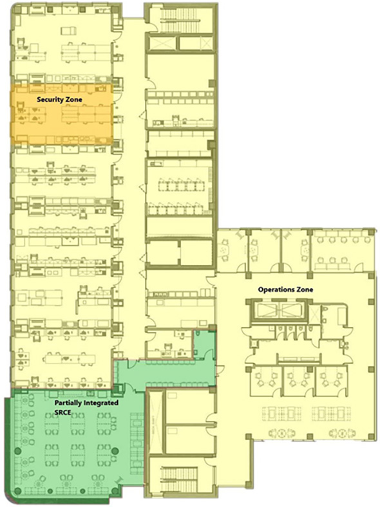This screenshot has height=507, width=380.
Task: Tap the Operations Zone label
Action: [x=285, y=290]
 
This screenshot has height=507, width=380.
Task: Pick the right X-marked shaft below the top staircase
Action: [x=195, y=44]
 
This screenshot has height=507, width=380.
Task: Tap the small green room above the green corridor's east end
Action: [x=204, y=341]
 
